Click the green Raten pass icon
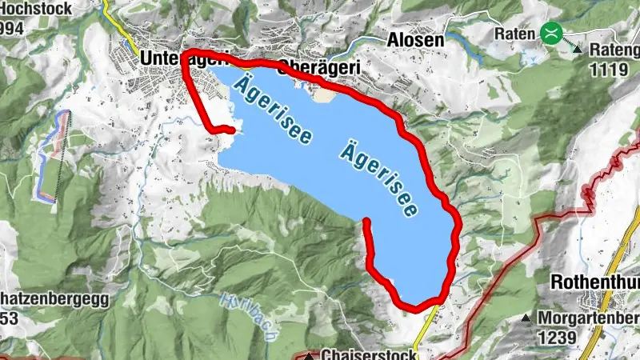click(550, 33)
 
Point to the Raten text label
click(514, 34)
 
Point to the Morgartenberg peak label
click(589, 318)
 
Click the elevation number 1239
click(557, 338)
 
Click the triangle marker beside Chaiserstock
click(310, 355)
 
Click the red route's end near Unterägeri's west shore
click(231, 129)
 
